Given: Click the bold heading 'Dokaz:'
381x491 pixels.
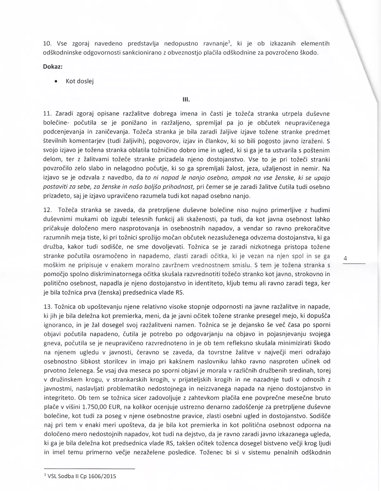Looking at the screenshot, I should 53,67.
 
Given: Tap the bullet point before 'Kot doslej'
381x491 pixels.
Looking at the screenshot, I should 56,81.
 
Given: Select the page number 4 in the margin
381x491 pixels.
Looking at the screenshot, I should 345,258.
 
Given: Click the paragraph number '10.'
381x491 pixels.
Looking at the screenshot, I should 47,43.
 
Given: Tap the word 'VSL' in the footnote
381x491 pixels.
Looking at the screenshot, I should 53,476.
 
